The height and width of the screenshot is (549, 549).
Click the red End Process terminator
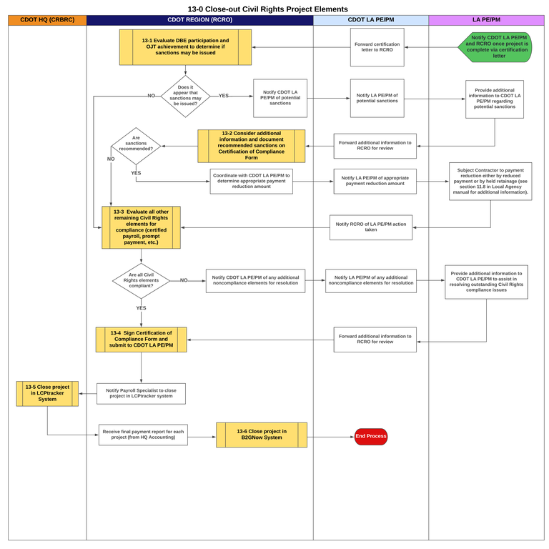coord(370,436)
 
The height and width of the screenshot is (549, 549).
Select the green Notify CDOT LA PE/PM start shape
coord(500,46)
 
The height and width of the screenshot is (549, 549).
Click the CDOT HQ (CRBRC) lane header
coord(46,20)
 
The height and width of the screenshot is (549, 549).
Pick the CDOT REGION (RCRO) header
coord(199,20)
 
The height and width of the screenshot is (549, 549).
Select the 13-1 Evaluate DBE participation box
coord(185,47)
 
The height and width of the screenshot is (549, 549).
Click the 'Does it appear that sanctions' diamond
coord(185,96)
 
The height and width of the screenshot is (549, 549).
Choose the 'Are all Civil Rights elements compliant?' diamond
coord(141,281)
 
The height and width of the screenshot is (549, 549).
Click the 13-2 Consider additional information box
coord(251,146)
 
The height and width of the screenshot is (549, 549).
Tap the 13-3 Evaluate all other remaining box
coord(141,227)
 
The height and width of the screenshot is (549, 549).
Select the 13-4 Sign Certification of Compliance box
coord(141,340)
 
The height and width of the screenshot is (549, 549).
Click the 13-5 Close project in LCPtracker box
coord(47,393)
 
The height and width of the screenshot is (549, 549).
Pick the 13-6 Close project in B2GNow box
coord(262,435)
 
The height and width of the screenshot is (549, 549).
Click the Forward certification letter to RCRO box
coord(377,47)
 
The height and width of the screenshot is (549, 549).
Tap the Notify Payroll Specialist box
coord(141,394)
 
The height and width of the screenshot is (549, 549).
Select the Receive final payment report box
coord(143,435)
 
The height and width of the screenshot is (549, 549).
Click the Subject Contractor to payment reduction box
coord(490,181)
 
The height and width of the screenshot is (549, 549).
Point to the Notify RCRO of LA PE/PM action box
coord(370,227)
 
